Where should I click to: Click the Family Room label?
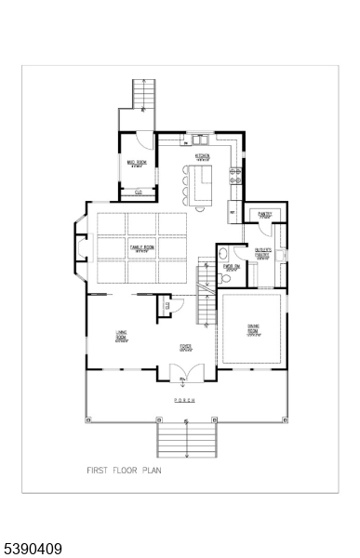click(x=141, y=248)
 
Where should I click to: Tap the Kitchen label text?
click(x=202, y=155)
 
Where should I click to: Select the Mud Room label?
click(x=136, y=164)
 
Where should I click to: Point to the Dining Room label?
click(x=252, y=328)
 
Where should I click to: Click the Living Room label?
click(x=121, y=336)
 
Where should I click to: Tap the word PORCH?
click(x=186, y=400)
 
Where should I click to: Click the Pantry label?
click(x=265, y=214)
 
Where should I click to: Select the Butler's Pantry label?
click(x=264, y=254)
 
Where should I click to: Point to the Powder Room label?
click(x=232, y=267)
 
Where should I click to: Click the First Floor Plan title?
click(x=124, y=471)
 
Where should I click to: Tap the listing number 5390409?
click(x=33, y=550)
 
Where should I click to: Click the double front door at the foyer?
click(x=186, y=373)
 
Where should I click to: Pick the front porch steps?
click(x=186, y=438)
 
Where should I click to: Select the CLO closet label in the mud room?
click(x=138, y=193)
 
